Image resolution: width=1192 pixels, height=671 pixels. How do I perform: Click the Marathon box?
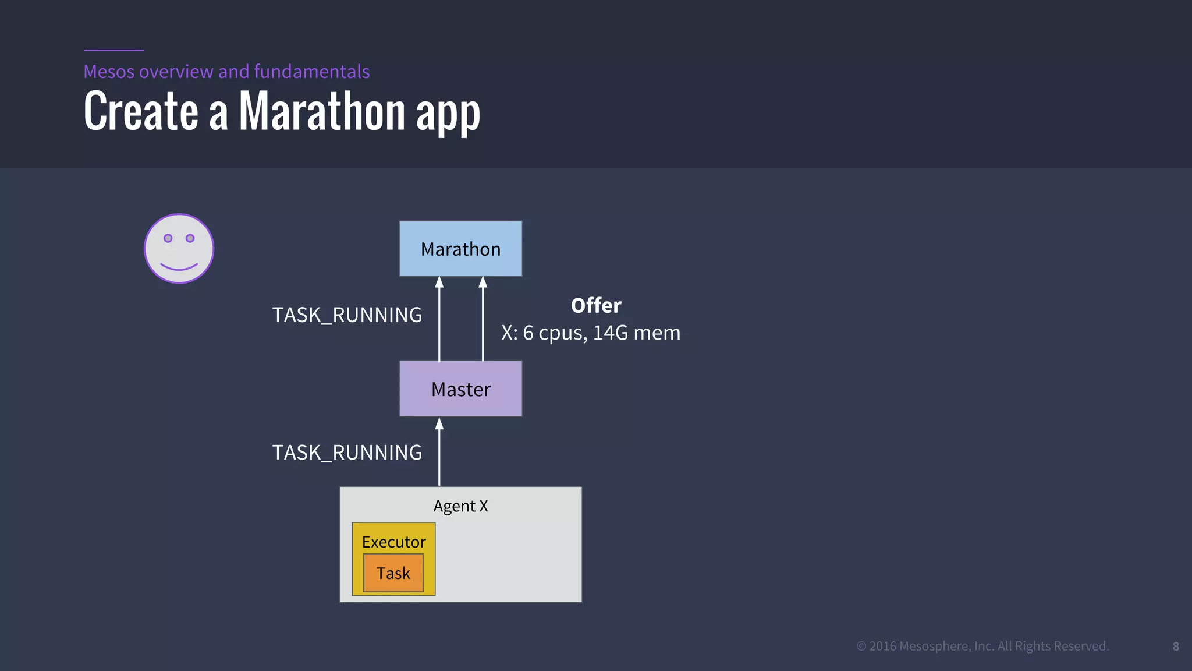[x=460, y=249]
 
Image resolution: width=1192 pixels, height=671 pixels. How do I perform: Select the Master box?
[x=460, y=389]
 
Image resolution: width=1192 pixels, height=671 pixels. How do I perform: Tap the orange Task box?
[x=393, y=573]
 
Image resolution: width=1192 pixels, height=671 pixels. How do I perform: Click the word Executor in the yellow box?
[x=393, y=542]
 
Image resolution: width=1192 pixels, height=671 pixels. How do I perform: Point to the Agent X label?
[x=460, y=506]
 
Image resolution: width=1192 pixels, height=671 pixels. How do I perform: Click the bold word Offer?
[x=596, y=306]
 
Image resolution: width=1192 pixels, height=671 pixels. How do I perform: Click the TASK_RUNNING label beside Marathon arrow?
[x=347, y=315]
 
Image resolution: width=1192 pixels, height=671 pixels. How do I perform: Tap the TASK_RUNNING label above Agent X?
[x=347, y=453]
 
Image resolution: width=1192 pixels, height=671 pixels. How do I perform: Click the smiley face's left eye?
[x=168, y=238]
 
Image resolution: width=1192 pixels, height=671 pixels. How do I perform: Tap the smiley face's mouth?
[x=179, y=267]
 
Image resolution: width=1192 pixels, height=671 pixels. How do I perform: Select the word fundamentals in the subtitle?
[x=311, y=72]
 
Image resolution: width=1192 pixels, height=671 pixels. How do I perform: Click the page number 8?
[x=1176, y=647]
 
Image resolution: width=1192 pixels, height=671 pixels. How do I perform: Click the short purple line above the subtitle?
[x=113, y=50]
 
